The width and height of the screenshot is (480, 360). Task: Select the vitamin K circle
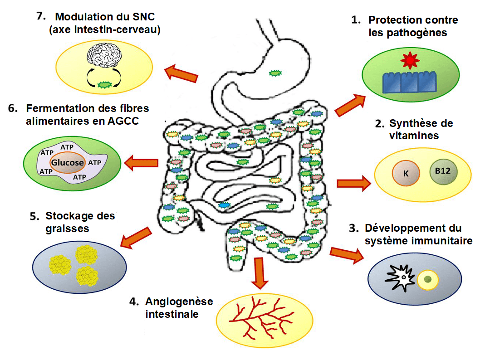(x=406, y=172)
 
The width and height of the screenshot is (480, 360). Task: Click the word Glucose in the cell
(x=67, y=162)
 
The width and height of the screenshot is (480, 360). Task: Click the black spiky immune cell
(x=399, y=278)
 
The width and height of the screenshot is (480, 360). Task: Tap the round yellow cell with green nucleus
(x=427, y=279)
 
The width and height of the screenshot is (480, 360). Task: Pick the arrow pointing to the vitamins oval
(x=353, y=183)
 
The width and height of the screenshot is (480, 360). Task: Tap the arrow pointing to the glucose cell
(x=141, y=162)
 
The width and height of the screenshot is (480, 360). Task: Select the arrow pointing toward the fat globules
(x=137, y=238)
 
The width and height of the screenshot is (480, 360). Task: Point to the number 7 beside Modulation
(x=41, y=16)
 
